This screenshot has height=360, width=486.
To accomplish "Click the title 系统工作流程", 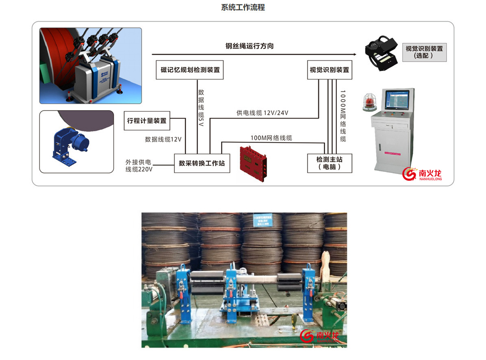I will point(243,8).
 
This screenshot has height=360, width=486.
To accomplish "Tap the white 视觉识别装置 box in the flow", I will point(329,70).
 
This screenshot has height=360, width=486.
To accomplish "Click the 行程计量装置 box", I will point(147,121).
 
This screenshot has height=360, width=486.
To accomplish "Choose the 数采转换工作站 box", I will point(202,163).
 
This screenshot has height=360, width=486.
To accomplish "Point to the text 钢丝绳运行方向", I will point(250,46).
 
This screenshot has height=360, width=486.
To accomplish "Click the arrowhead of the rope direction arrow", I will point(354,54).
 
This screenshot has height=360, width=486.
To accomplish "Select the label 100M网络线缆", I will point(271,138).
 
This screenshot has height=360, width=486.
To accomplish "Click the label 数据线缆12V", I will point(163,139).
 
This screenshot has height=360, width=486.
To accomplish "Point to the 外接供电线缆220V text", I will point(139,165).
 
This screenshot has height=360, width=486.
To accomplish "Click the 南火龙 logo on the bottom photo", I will point(319,336).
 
